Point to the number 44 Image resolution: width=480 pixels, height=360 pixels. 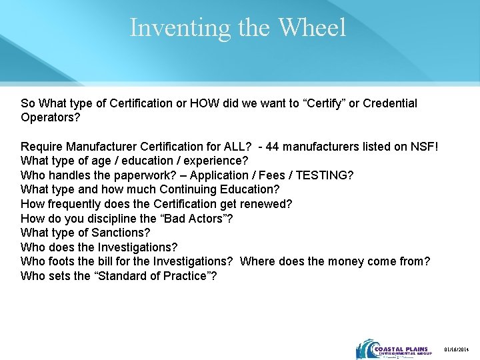click(273, 146)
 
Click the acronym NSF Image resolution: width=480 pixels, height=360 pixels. click(423, 146)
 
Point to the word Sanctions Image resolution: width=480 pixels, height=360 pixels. click(122, 233)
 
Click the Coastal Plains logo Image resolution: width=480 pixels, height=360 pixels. click(394, 349)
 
